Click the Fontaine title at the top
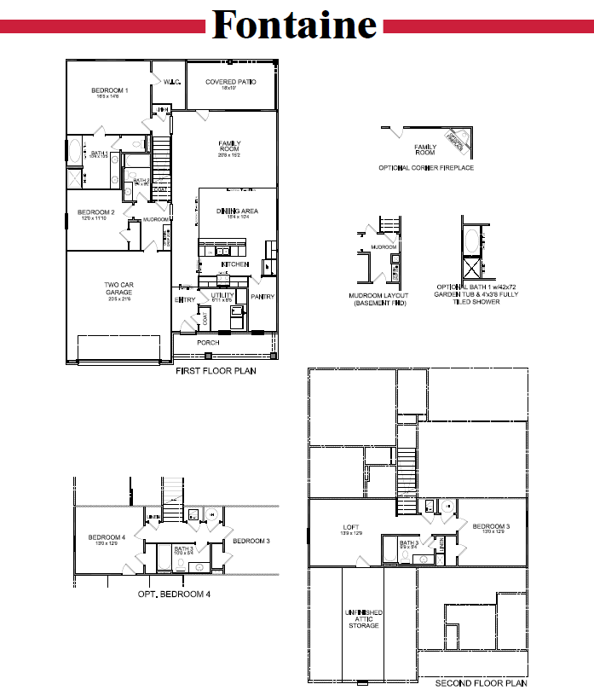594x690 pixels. [x=295, y=25]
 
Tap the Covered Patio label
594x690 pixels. [x=226, y=83]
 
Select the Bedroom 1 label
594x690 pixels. [x=110, y=90]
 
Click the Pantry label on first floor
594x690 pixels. [x=262, y=297]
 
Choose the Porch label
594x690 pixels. [x=208, y=343]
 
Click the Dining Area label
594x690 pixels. [x=238, y=212]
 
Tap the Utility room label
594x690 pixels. [x=222, y=295]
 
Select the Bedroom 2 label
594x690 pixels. [x=95, y=212]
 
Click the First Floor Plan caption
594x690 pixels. [x=216, y=371]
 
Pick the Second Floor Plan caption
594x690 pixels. [x=482, y=683]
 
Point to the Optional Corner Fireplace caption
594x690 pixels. [x=426, y=168]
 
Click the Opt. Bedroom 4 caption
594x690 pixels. [x=174, y=594]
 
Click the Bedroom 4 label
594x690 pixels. [x=107, y=537]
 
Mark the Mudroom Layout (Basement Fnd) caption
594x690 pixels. [x=378, y=299]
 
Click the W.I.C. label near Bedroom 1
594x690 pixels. [x=173, y=83]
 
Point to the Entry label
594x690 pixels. [x=185, y=300]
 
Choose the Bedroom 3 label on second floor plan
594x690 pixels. [x=491, y=527]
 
